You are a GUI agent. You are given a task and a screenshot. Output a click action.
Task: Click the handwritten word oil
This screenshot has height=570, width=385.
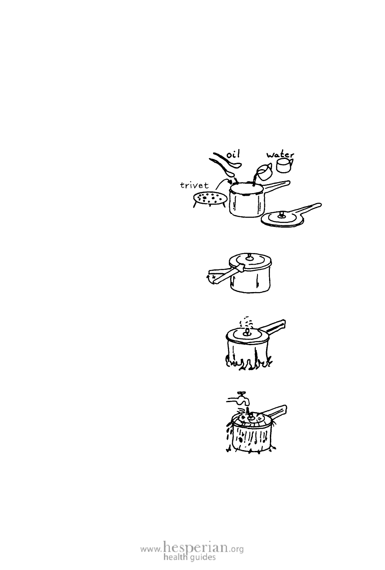coord(233,155)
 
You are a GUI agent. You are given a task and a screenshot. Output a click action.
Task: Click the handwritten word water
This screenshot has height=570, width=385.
coord(280,155)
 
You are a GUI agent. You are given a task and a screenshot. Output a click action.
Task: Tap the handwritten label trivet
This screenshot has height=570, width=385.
coord(194,185)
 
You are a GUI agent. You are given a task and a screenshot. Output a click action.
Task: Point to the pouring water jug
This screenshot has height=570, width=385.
coord(264,172)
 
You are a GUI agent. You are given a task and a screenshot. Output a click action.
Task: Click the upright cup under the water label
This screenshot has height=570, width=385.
coord(284,165)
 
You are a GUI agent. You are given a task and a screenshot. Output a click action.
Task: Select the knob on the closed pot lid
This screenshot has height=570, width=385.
coord(250,257)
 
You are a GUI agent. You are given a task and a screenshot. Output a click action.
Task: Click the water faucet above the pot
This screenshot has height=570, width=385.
coord(238,399)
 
